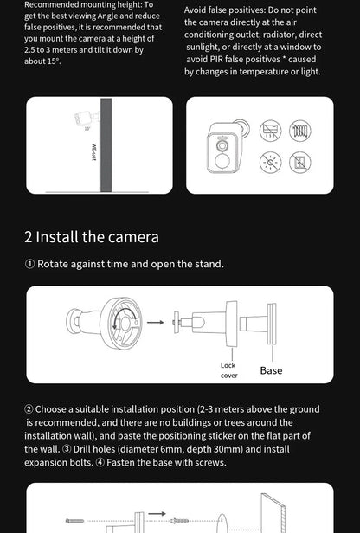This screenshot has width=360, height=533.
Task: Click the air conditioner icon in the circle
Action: tap(270, 132)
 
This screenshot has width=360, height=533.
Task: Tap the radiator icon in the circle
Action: tap(299, 132)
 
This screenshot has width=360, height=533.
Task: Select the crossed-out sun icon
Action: tap(270, 162)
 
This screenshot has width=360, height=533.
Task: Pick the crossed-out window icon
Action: tap(299, 162)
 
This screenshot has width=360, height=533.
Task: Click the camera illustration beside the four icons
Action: tap(223, 146)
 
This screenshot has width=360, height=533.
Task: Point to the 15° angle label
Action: tap(87, 129)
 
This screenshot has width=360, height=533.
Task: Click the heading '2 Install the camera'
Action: tap(92, 236)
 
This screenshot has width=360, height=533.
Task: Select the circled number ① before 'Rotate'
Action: tap(29, 264)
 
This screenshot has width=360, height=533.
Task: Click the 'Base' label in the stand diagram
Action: tap(271, 370)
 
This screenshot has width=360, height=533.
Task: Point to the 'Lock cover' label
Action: tap(228, 370)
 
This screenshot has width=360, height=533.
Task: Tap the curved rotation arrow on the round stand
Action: tap(123, 317)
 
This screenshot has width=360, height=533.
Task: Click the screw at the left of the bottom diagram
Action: tap(75, 521)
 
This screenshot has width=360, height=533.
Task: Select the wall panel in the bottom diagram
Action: tap(272, 514)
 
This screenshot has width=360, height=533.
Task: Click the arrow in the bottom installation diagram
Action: tap(158, 514)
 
